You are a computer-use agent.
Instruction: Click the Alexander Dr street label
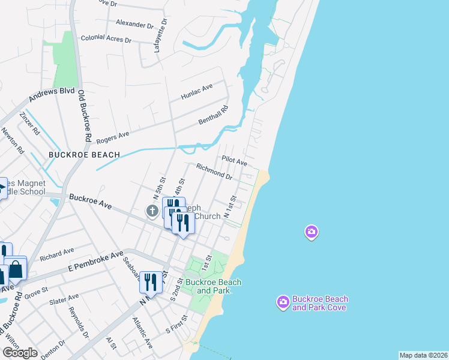click(x=134, y=25)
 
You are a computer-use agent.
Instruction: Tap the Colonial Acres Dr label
click(x=106, y=38)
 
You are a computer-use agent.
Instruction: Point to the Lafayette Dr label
click(x=160, y=35)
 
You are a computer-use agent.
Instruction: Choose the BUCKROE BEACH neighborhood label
click(x=84, y=155)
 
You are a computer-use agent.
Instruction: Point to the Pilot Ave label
click(x=234, y=161)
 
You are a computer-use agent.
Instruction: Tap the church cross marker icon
click(x=152, y=211)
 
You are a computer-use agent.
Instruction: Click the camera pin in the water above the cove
click(x=311, y=232)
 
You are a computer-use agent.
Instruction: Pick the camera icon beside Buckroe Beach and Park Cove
click(x=283, y=302)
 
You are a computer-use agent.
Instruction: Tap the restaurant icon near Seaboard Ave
click(x=150, y=283)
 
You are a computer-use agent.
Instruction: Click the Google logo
click(x=20, y=353)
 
